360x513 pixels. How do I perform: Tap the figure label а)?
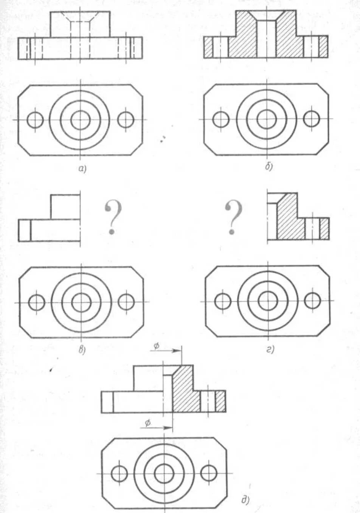(x=82, y=169)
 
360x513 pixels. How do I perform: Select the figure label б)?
(x=268, y=166)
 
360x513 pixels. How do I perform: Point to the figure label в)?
(x=82, y=350)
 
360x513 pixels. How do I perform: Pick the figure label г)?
(x=270, y=350)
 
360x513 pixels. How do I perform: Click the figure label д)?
(x=245, y=501)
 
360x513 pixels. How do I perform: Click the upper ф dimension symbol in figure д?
(x=156, y=346)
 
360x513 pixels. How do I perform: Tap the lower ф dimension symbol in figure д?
(x=148, y=423)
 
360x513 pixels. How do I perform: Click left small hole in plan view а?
(x=35, y=120)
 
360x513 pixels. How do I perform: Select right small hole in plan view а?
(x=126, y=120)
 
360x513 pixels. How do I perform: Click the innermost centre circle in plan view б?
(x=267, y=119)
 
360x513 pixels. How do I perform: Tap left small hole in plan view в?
(x=37, y=302)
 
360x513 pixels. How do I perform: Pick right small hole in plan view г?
(x=312, y=301)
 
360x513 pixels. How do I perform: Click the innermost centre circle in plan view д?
(x=164, y=473)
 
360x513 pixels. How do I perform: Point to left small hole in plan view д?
(x=119, y=473)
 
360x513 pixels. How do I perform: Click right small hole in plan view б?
(x=311, y=119)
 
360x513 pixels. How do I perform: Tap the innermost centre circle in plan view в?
(x=81, y=302)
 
